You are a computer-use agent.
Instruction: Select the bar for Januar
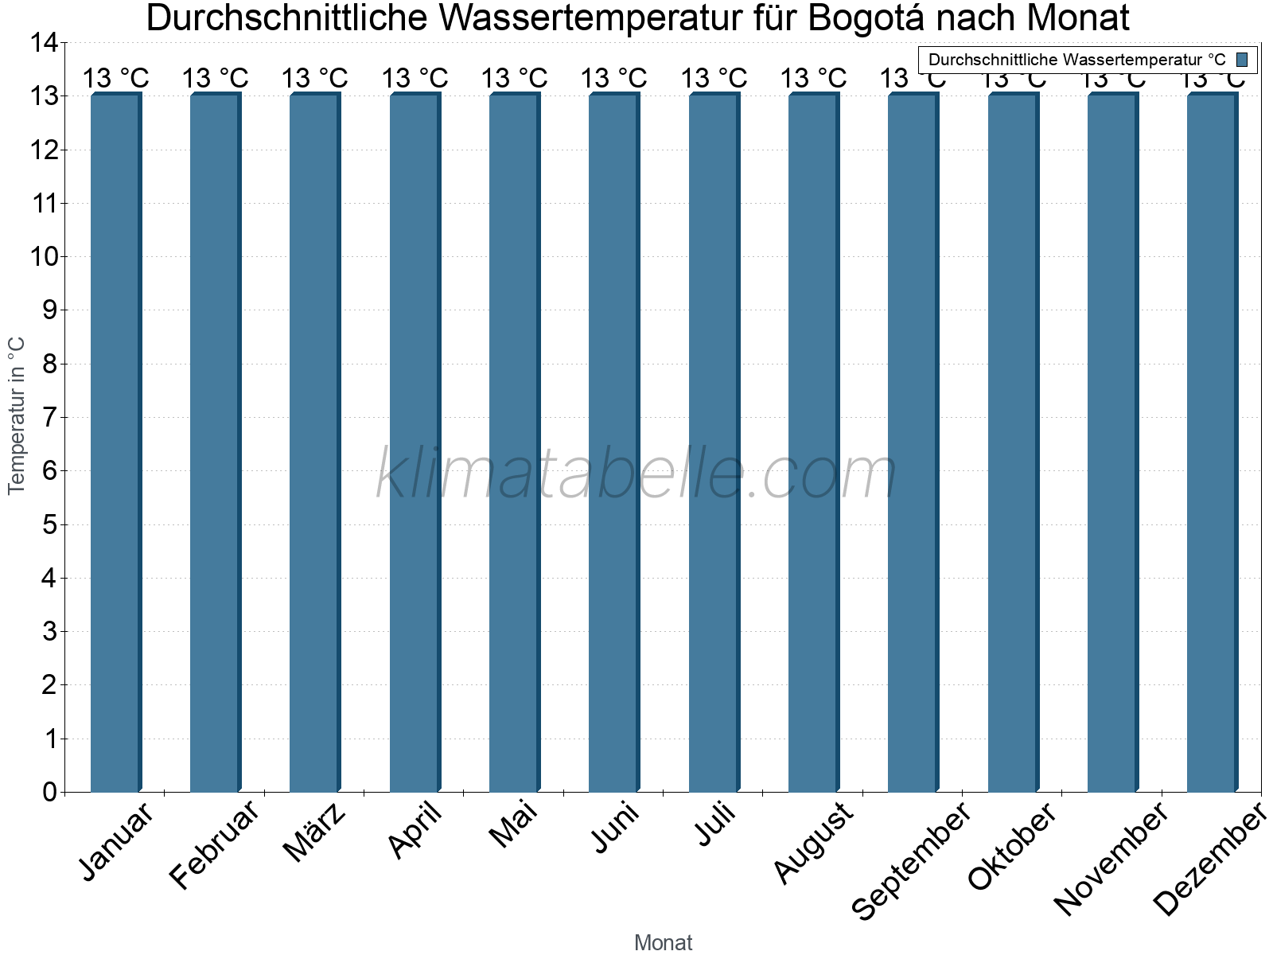point(115,442)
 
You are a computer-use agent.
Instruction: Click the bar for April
point(415,442)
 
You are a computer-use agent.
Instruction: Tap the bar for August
point(813,442)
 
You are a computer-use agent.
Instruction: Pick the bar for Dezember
point(1212,442)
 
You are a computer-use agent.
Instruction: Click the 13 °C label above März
point(315,79)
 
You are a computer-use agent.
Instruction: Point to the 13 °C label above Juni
point(613,79)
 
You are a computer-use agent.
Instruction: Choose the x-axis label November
point(1111,858)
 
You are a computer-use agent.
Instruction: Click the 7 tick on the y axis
point(50,418)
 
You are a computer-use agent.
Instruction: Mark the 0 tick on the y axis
point(50,792)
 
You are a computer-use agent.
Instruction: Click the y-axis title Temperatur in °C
point(17,415)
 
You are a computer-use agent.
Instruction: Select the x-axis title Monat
point(663,942)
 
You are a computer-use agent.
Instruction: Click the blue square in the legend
point(1242,60)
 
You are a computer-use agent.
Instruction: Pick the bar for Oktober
point(1012,442)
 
